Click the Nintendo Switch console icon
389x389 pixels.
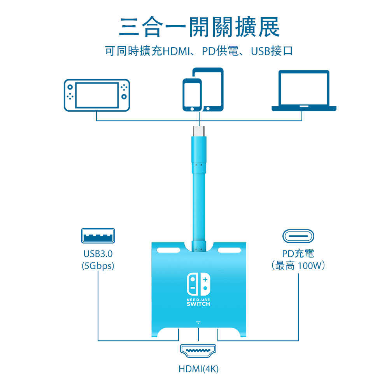[97, 95]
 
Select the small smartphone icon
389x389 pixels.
[192, 96]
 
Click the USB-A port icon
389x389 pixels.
[98, 236]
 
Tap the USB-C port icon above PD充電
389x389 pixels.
[298, 236]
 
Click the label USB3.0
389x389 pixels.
[98, 254]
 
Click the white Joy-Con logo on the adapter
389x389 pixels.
[198, 283]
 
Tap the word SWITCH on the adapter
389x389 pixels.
[198, 304]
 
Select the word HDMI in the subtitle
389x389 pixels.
[175, 51]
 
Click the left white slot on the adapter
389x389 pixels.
[168, 250]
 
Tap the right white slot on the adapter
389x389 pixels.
[229, 250]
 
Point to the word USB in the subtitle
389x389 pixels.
[260, 51]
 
